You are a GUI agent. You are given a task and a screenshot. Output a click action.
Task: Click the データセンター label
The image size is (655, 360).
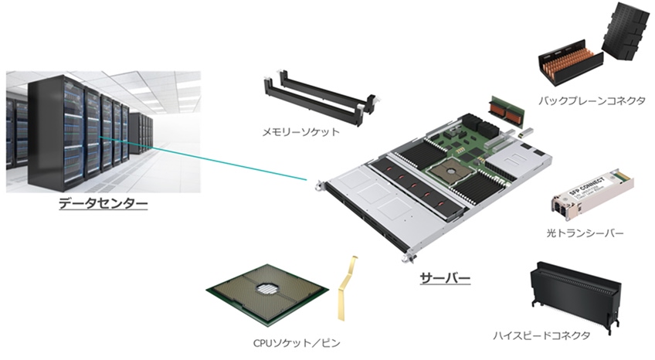(104, 204)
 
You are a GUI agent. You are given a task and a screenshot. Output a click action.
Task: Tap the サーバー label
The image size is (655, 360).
(445, 279)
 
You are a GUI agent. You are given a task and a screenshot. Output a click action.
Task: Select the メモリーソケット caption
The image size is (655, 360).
(300, 132)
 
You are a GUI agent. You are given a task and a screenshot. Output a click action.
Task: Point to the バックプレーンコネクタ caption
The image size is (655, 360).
(592, 100)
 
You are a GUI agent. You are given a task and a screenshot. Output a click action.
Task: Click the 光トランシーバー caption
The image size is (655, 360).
(585, 233)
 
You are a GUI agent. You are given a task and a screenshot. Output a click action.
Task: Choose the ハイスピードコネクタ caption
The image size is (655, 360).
(541, 335)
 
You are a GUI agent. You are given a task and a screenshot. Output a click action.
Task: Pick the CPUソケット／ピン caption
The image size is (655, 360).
(297, 343)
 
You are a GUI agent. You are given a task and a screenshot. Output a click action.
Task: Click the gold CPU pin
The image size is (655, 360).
(346, 288)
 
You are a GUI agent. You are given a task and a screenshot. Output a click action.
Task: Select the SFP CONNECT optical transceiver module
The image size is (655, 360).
(592, 195)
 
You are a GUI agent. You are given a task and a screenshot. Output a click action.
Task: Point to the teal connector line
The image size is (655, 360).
(203, 158)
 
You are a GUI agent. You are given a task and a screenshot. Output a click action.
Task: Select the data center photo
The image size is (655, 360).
(104, 132)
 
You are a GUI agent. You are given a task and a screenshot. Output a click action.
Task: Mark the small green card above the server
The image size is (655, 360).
(507, 112)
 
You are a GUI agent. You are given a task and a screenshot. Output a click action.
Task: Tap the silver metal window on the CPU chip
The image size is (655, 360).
(267, 287)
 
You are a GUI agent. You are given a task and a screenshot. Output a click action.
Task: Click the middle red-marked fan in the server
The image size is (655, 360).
(414, 185)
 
